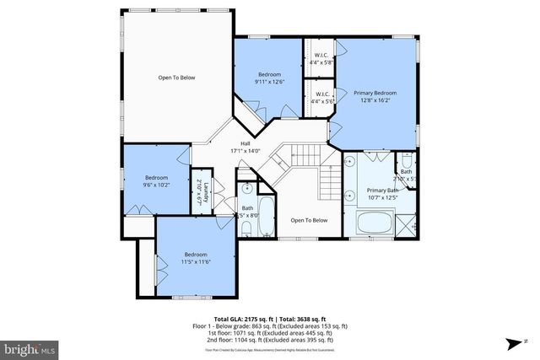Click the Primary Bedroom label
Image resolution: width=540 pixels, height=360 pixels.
coord(375,93)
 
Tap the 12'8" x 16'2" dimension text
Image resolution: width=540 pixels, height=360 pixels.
coord(375,100)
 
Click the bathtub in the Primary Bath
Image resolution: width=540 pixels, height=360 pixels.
coord(373,223)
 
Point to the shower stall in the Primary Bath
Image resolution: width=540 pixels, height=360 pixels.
coord(408,223)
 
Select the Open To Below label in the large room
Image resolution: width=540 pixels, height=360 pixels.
coord(176,78)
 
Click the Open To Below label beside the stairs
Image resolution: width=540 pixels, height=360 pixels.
coord(309,220)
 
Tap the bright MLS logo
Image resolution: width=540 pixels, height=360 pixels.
coord(30,347)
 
